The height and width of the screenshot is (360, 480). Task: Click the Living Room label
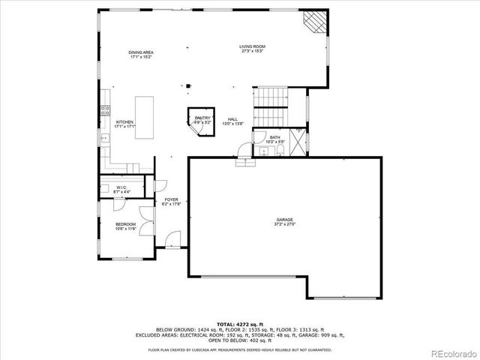(x=253, y=49)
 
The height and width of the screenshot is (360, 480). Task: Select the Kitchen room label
(x=124, y=124)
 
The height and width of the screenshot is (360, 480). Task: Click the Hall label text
(x=232, y=121)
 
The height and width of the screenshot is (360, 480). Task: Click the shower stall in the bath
(x=298, y=141)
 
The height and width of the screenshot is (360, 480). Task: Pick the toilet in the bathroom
(x=279, y=151)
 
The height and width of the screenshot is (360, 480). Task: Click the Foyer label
(x=172, y=201)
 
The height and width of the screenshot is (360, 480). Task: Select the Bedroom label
(x=125, y=226)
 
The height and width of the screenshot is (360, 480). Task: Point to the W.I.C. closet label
(x=121, y=190)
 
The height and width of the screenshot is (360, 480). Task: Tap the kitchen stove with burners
(x=104, y=114)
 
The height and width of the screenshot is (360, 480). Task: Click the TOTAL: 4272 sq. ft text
(x=239, y=322)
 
